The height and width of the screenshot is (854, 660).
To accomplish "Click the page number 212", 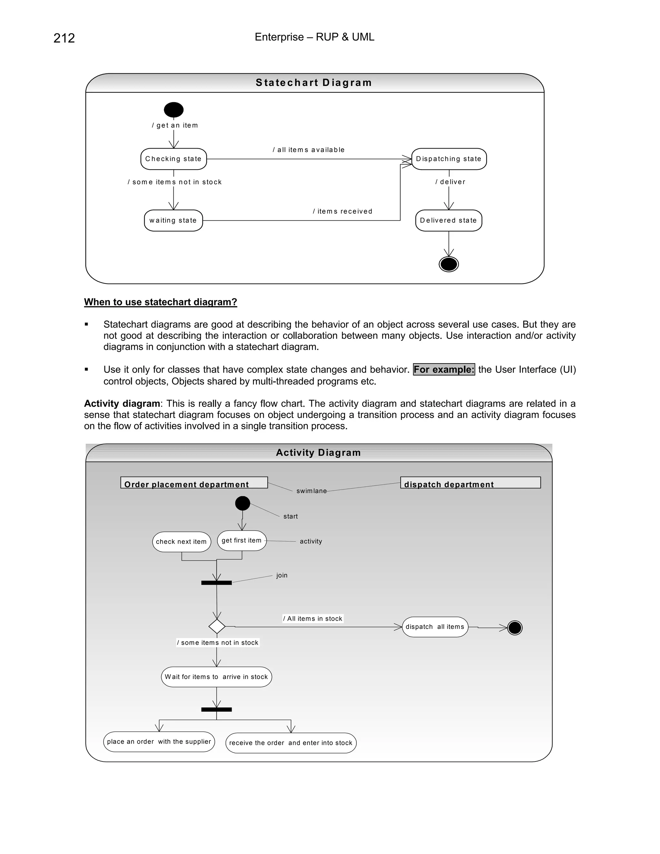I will click(x=64, y=38).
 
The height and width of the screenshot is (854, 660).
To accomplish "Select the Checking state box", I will click(x=174, y=159).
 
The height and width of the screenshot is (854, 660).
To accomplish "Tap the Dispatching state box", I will click(x=449, y=159).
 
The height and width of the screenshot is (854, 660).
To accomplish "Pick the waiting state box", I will click(x=173, y=220).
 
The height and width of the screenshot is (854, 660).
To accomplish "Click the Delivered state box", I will click(x=449, y=220).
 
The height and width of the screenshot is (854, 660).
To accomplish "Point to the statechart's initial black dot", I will click(x=174, y=110).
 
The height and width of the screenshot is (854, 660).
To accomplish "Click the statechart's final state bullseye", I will click(x=449, y=264).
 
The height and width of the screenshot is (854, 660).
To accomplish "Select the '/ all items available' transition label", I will click(x=308, y=150).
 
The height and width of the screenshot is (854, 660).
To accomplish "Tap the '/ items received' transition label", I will click(x=343, y=211).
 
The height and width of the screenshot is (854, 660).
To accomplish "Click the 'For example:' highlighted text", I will click(x=444, y=370).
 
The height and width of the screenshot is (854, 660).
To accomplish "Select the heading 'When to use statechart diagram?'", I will click(x=160, y=302).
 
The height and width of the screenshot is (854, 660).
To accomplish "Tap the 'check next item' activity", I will click(x=181, y=542).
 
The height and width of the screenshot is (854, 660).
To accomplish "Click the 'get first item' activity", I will click(x=242, y=540).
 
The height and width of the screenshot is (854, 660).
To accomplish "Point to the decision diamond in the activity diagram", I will click(x=217, y=626).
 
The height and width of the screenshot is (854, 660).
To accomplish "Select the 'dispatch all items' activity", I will click(x=435, y=627).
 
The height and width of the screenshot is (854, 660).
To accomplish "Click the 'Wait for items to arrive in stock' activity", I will click(x=216, y=677).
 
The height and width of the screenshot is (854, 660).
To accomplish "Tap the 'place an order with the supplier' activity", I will click(x=159, y=742).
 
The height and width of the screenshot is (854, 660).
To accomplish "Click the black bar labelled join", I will click(x=216, y=583).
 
